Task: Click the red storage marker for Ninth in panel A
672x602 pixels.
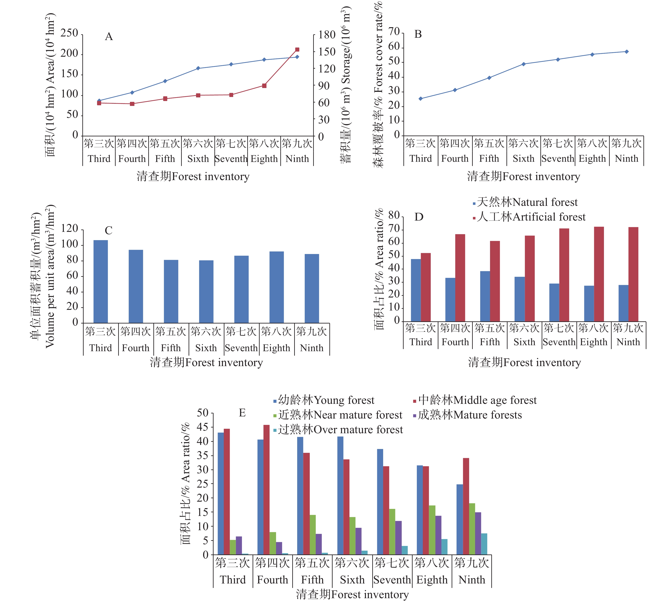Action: pyautogui.click(x=297, y=50)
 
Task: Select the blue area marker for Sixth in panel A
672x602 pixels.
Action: pyautogui.click(x=198, y=68)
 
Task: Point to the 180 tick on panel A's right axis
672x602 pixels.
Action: pyautogui.click(x=327, y=35)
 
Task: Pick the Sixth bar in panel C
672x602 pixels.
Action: pyautogui.click(x=206, y=291)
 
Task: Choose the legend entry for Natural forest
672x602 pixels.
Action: pyautogui.click(x=526, y=202)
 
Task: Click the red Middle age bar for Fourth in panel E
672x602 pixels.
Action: pyautogui.click(x=266, y=489)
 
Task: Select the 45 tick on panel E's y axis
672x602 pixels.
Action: pyautogui.click(x=202, y=427)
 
